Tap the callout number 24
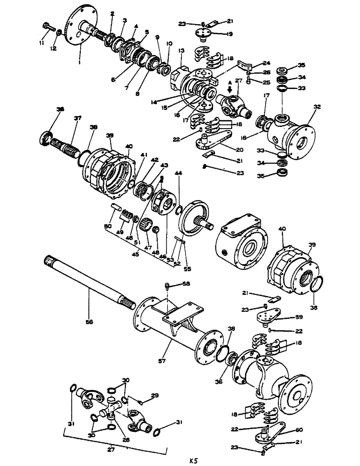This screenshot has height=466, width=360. [266, 63]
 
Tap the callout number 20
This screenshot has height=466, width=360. [239, 150]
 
